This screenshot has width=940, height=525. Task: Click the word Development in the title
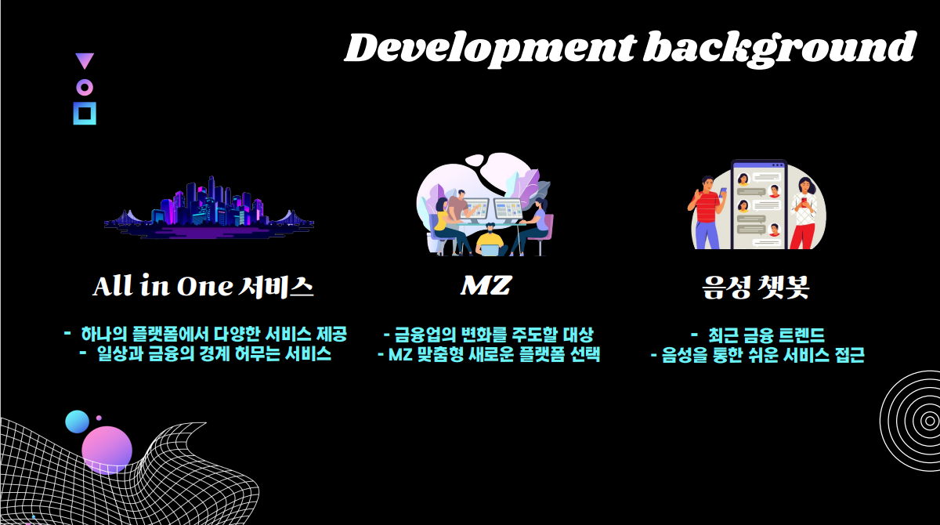point(490,49)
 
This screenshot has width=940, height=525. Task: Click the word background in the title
point(780,49)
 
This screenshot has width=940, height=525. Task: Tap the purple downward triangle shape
point(85,61)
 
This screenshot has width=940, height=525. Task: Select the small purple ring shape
point(85,87)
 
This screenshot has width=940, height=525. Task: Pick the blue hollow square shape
point(85,114)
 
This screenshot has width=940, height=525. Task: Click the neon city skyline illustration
point(209,207)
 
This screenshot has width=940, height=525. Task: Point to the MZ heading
point(486,285)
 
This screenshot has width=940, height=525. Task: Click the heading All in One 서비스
point(203,286)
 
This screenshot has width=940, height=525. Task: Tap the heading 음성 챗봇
point(755,287)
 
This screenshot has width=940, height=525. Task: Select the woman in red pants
point(803,213)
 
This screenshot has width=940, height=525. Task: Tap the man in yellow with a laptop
point(490,241)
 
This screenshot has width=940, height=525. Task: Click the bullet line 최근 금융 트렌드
point(758,335)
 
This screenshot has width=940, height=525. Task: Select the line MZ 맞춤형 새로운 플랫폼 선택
point(489,355)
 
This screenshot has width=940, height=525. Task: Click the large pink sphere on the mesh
point(107,451)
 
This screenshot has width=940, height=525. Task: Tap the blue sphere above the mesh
point(78,422)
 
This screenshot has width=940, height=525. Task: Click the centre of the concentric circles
point(929,421)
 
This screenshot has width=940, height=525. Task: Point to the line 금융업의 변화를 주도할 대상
point(489,335)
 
